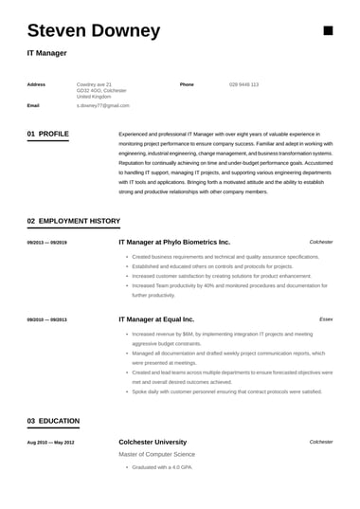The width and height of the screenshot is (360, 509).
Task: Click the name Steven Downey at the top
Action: point(93,30)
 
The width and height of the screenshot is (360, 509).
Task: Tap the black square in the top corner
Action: point(328,30)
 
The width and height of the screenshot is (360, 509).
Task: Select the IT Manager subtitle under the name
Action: point(46,53)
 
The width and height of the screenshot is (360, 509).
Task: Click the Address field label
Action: point(36,84)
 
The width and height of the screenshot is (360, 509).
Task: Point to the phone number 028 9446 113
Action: point(243,84)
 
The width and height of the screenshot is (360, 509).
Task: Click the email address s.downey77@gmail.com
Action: point(101,106)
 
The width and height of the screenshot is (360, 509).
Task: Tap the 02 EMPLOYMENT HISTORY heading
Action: point(73,221)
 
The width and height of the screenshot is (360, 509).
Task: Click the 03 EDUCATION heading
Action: point(53,421)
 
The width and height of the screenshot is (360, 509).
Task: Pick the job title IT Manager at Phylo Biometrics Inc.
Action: point(174,243)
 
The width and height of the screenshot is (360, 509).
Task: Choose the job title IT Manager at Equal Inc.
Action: point(155,320)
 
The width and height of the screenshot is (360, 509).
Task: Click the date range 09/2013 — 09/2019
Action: point(46,243)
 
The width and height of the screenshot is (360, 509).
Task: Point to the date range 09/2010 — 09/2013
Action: point(46,320)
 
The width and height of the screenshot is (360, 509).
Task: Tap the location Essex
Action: point(326,320)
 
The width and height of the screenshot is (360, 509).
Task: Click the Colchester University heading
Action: point(153,443)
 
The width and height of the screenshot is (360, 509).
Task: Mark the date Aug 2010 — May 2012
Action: point(50,443)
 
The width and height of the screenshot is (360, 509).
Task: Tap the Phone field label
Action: point(187,84)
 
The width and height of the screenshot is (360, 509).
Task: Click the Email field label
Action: point(33,106)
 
